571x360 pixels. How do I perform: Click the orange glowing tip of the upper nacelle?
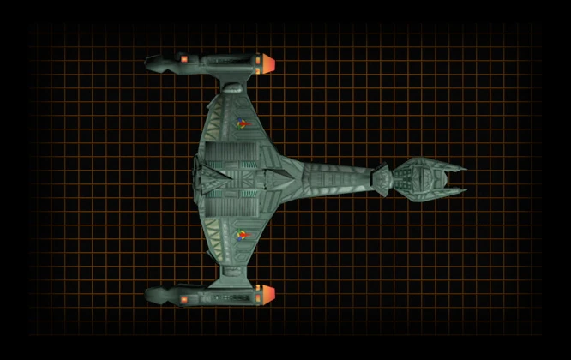[267, 63]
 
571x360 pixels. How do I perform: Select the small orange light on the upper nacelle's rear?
[184, 58]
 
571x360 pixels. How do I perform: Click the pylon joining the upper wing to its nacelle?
[232, 85]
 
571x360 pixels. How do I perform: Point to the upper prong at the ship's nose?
[454, 166]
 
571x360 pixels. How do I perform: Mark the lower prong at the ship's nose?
[454, 190]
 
